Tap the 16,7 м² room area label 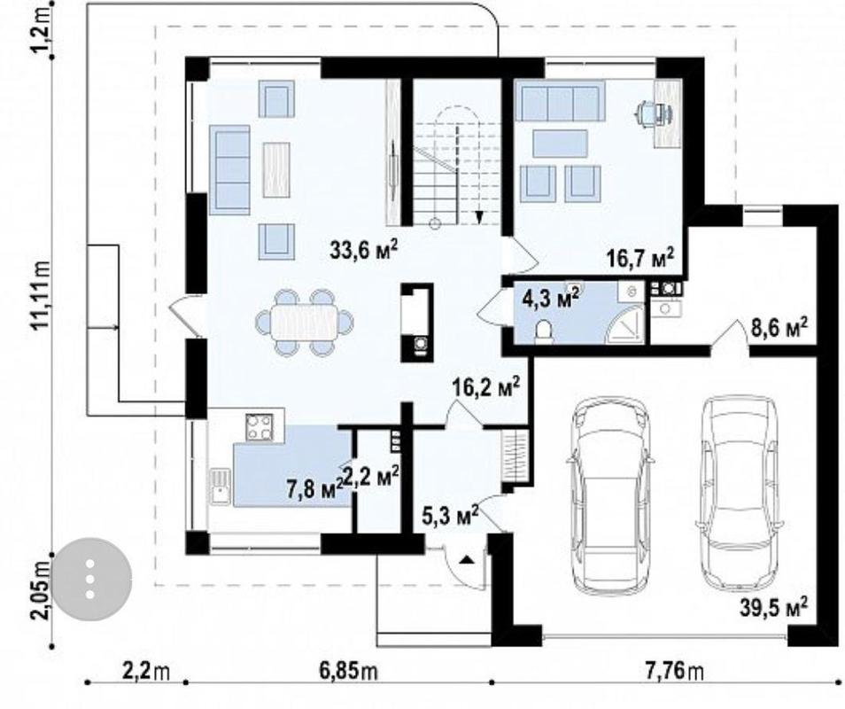[x=640, y=257]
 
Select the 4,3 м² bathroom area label [x=551, y=298]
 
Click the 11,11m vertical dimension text [x=41, y=294]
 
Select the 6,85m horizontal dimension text [x=348, y=672]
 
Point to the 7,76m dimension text [x=674, y=672]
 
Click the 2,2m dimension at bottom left [x=146, y=672]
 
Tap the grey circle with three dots [x=91, y=578]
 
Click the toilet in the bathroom [x=544, y=330]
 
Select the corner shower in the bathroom [x=626, y=324]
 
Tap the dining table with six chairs [x=305, y=323]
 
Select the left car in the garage [x=611, y=495]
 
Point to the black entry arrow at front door [x=467, y=559]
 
